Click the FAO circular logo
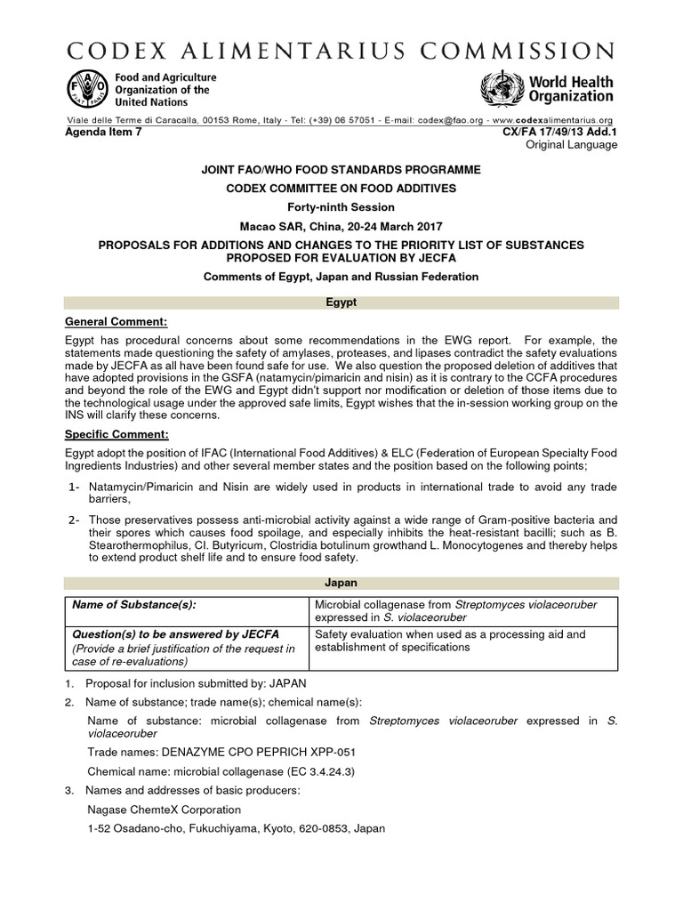pyautogui.click(x=84, y=89)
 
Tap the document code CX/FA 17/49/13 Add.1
pyautogui.click(x=560, y=132)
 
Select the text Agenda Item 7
pyautogui.click(x=103, y=132)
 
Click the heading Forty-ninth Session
pyautogui.click(x=341, y=206)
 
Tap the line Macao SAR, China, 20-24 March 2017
pyautogui.click(x=341, y=223)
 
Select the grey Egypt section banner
pyautogui.click(x=341, y=303)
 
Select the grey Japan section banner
pyautogui.click(x=341, y=583)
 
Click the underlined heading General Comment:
pyautogui.click(x=116, y=321)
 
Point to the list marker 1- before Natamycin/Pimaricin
pyautogui.click(x=76, y=488)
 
